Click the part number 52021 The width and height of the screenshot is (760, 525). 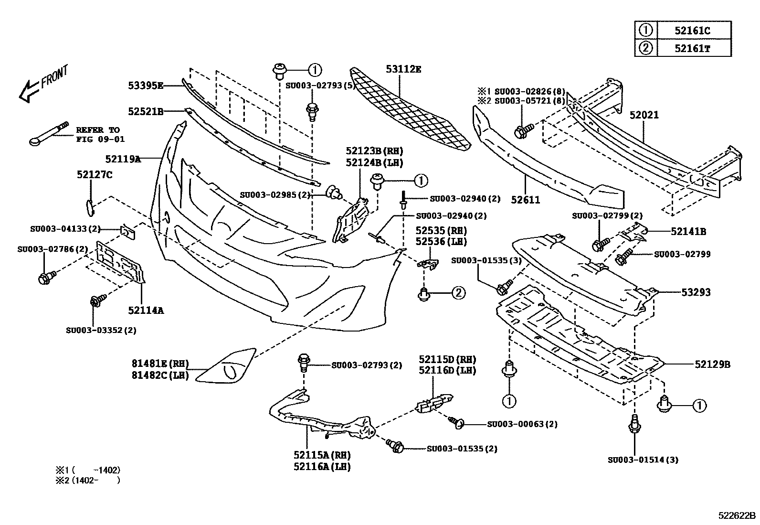(644, 115)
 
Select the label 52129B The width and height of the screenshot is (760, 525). (712, 364)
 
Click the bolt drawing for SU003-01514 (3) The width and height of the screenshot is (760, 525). (634, 424)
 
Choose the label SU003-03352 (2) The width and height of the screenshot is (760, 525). (101, 330)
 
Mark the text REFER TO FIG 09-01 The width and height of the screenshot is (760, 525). (100, 134)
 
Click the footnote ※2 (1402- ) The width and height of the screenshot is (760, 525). (88, 480)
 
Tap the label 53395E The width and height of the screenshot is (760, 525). (146, 86)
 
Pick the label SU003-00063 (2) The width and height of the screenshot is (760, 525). (522, 424)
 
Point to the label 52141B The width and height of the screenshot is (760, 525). (688, 232)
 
